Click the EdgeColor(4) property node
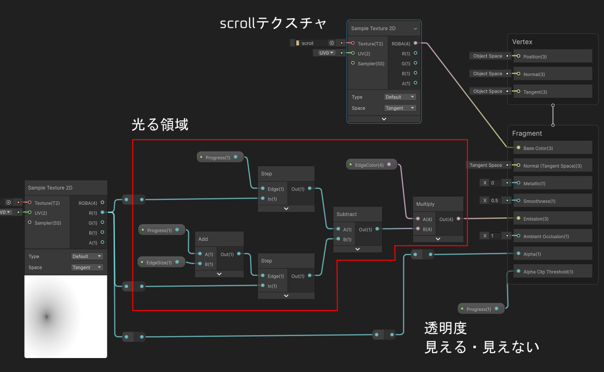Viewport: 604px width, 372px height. tap(371, 164)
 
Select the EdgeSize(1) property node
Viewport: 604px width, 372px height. tap(161, 262)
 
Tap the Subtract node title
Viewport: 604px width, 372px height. tap(347, 214)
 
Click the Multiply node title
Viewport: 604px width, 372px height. tap(425, 204)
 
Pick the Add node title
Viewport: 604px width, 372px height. tap(203, 239)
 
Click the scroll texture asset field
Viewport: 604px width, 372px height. tap(313, 43)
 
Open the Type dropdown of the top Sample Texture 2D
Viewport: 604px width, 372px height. tap(400, 97)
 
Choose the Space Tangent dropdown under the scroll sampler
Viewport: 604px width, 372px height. tap(400, 108)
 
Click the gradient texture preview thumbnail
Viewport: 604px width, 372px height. tap(66, 317)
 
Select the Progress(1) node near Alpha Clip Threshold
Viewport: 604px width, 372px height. tap(481, 309)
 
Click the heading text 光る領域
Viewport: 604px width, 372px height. tap(160, 124)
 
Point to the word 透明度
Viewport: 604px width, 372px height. tap(445, 328)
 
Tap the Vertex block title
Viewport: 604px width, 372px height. tap(522, 42)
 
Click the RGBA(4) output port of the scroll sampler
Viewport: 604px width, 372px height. tap(415, 43)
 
